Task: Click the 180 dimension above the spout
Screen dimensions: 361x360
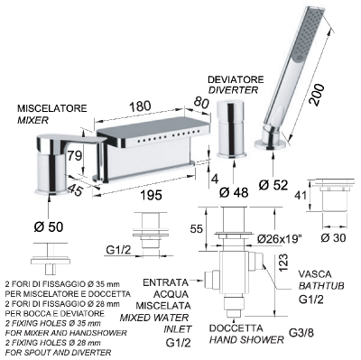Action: point(140,106)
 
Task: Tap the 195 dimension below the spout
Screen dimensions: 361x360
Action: point(152,195)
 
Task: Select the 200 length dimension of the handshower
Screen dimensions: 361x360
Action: point(317,95)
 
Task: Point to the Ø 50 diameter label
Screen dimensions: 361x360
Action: point(49,226)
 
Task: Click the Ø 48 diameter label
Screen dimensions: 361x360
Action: point(234,192)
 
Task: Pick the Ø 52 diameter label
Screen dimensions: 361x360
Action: point(273,185)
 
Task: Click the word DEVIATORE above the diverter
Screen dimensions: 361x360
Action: point(236,79)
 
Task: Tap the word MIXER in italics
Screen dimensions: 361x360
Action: point(32,120)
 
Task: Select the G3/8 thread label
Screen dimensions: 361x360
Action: point(301,333)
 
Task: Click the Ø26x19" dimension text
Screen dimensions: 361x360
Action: point(280,239)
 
